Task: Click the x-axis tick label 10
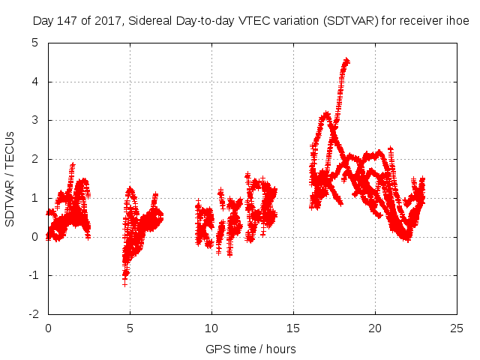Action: (x=211, y=328)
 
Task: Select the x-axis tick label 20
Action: (x=375, y=328)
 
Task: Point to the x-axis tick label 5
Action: (x=130, y=328)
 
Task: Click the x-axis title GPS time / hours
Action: (x=250, y=349)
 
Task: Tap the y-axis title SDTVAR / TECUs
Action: (x=10, y=178)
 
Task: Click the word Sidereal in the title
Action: (x=149, y=22)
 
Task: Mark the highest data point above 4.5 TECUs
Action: (x=346, y=60)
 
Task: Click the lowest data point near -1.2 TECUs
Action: (x=124, y=283)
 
